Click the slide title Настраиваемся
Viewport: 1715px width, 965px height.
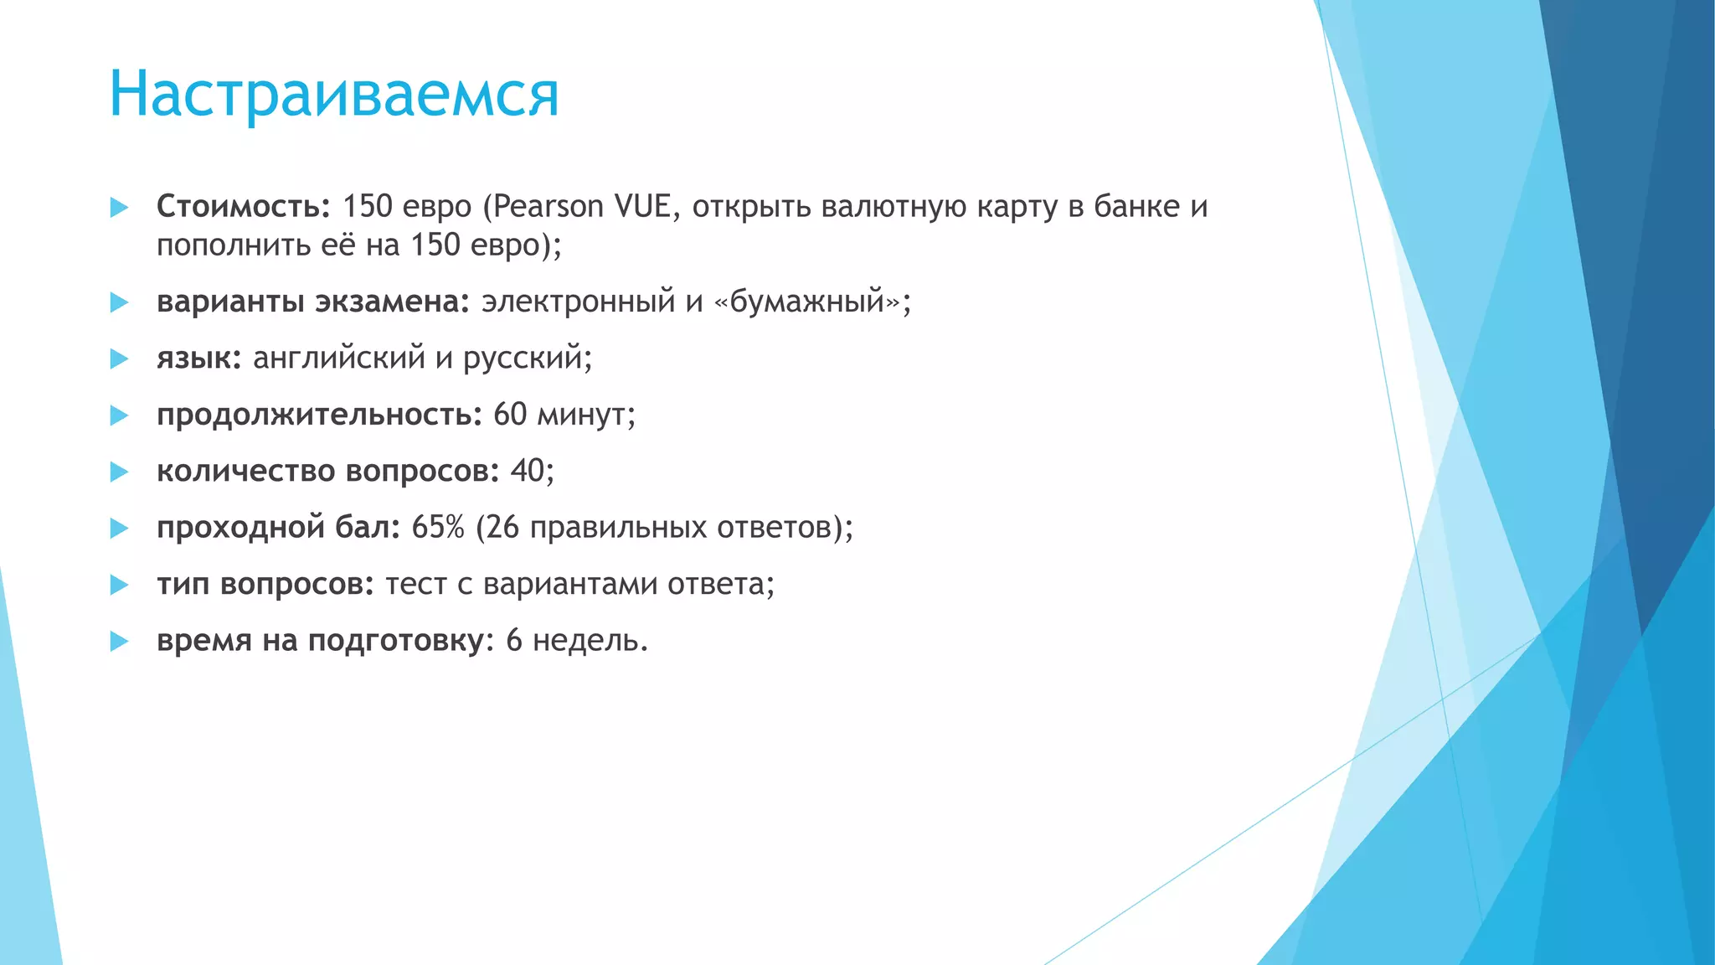pyautogui.click(x=333, y=94)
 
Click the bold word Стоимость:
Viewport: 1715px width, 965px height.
pyautogui.click(x=244, y=206)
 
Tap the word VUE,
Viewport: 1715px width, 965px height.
pyautogui.click(x=647, y=206)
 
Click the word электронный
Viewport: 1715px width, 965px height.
pyautogui.click(x=578, y=301)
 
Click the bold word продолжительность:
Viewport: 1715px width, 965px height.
pyautogui.click(x=319, y=415)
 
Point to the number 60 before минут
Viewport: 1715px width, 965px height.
pyautogui.click(x=510, y=415)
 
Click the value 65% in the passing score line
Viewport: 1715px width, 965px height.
pyautogui.click(x=438, y=528)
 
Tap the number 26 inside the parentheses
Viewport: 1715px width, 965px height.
pyautogui.click(x=502, y=528)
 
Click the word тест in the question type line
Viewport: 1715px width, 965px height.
pyautogui.click(x=415, y=584)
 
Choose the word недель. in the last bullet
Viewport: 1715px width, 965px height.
pyautogui.click(x=590, y=641)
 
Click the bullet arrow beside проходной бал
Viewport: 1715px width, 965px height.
pyautogui.click(x=119, y=529)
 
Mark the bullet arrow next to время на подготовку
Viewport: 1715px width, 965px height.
pyautogui.click(x=119, y=642)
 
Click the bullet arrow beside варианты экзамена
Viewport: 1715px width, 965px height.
pyautogui.click(x=119, y=302)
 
